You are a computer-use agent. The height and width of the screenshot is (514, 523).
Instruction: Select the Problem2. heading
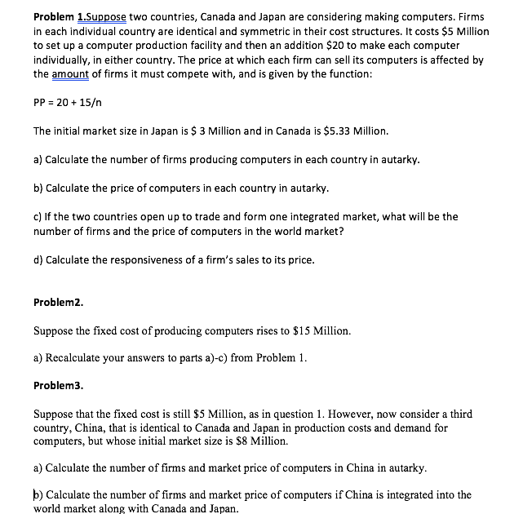click(58, 301)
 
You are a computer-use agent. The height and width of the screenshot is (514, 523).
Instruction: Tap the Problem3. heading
click(58, 383)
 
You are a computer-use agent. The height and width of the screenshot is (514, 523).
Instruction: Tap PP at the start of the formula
click(40, 102)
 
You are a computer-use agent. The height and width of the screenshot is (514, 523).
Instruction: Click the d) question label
click(38, 260)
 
